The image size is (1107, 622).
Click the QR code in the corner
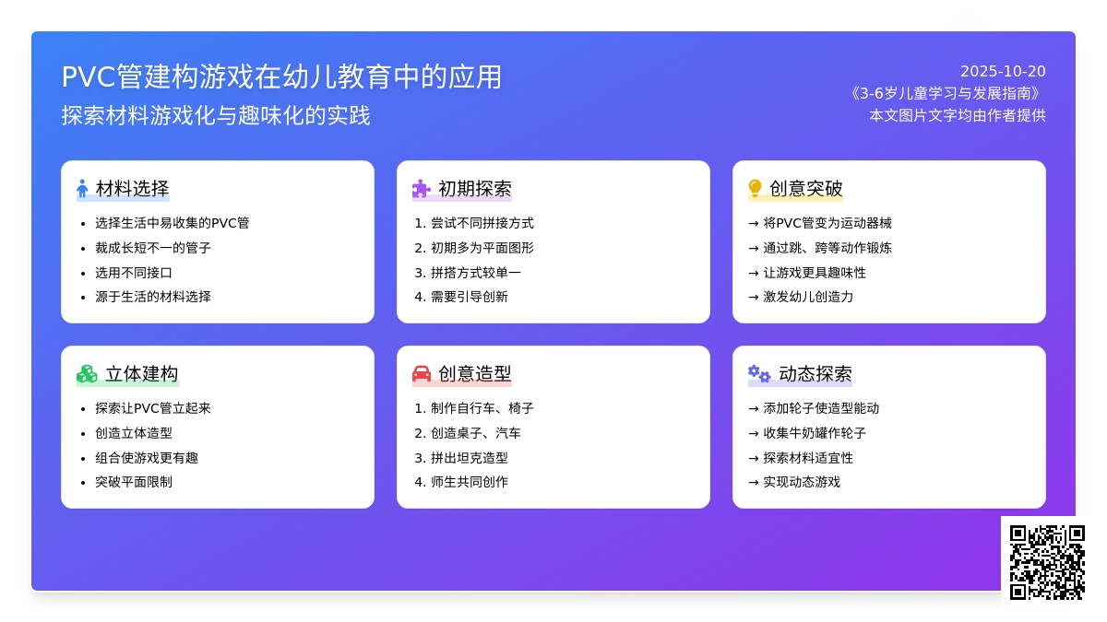click(x=1047, y=563)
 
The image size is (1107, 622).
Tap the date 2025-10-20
click(x=1003, y=72)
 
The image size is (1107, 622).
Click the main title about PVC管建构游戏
click(x=281, y=77)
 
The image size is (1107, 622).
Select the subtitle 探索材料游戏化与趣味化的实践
click(x=216, y=115)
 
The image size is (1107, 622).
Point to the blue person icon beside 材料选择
click(x=82, y=188)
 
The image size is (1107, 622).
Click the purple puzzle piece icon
click(x=421, y=189)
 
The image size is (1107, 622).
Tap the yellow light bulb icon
click(x=755, y=188)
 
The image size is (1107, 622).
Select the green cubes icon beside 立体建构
click(x=87, y=374)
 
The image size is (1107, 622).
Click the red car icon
click(x=422, y=374)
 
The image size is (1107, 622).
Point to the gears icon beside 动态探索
click(x=759, y=374)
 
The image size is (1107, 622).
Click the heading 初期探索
click(x=475, y=189)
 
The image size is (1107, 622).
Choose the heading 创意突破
click(x=806, y=189)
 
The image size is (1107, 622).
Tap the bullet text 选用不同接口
click(x=134, y=273)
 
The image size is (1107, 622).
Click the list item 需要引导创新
click(x=470, y=297)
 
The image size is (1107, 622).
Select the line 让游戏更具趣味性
click(x=815, y=273)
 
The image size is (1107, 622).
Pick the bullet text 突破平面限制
click(x=134, y=482)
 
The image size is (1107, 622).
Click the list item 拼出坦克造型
click(x=470, y=458)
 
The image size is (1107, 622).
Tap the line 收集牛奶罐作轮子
click(x=815, y=433)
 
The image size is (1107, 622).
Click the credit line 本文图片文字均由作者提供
click(x=958, y=115)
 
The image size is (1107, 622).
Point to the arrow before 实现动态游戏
click(x=754, y=482)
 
